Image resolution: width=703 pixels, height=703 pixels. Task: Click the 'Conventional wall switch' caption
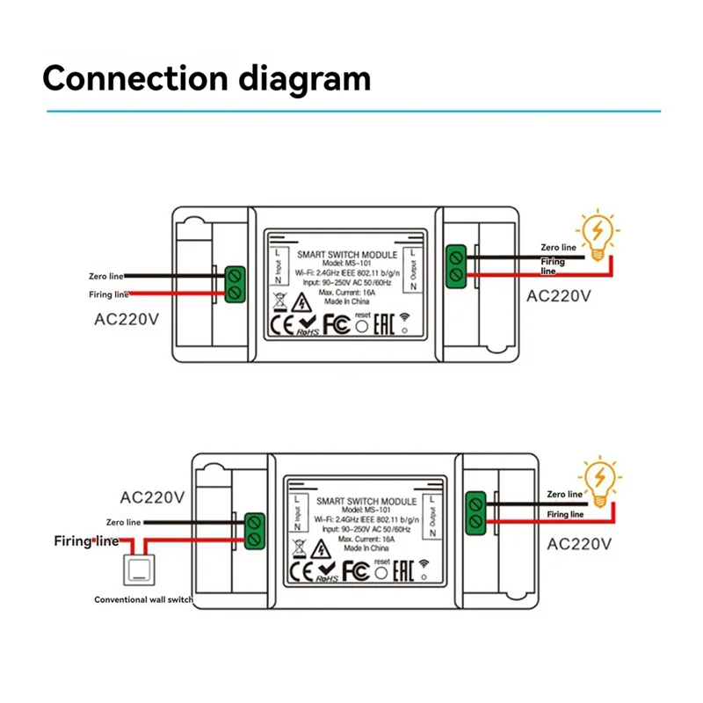pos(144,599)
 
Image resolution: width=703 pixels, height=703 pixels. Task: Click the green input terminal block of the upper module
pos(235,284)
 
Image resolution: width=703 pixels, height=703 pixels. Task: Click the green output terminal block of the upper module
pos(456,266)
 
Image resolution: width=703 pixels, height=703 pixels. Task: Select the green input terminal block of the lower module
pos(256,530)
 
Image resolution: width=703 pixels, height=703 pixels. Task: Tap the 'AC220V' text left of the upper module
pos(127,319)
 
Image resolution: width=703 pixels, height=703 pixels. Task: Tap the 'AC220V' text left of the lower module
pos(151,496)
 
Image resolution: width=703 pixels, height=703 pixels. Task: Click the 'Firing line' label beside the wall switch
pos(86,540)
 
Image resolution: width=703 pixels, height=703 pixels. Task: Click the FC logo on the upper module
pos(337,324)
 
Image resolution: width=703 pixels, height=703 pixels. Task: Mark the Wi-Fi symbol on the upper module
pos(405,321)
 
